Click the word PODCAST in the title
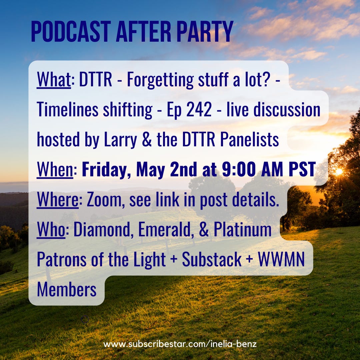71,31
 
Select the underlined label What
54,79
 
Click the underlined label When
55,169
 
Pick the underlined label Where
58,200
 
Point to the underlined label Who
51,229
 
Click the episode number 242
199,110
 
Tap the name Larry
121,140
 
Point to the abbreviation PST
302,169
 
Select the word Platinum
243,229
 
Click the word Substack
212,259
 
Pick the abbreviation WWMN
281,259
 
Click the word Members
67,290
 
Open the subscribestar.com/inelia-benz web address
180,344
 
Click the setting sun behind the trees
339,171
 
